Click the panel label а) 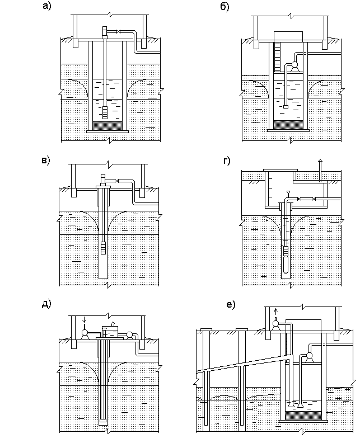point(46,6)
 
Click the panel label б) point(225,7)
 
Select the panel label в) point(45,161)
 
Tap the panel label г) point(226,161)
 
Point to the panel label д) point(46,304)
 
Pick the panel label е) point(231,305)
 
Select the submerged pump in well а point(105,112)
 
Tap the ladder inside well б point(277,56)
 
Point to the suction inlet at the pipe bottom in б point(286,107)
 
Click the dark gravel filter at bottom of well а point(107,126)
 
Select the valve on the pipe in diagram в point(116,181)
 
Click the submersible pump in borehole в point(103,248)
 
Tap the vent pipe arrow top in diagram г point(320,161)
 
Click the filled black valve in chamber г point(299,199)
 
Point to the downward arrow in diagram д point(85,319)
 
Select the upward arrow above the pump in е point(276,311)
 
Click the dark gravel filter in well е point(303,416)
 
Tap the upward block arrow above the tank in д point(113,323)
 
